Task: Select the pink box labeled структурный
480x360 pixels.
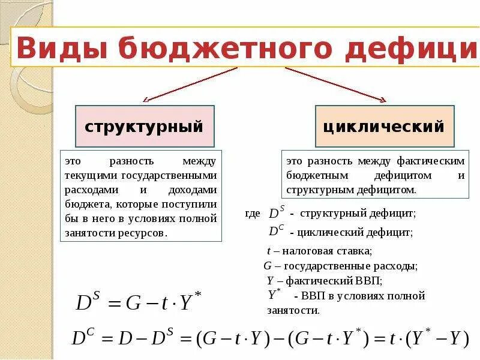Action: (x=144, y=127)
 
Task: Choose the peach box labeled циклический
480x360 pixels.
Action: (x=384, y=127)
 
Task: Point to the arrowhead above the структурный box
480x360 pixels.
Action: (x=146, y=99)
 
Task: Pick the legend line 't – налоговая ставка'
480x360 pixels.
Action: (x=319, y=251)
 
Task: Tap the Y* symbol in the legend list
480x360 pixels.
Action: (x=274, y=294)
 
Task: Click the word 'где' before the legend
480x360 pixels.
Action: (x=253, y=214)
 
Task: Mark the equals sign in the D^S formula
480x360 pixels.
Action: (x=113, y=303)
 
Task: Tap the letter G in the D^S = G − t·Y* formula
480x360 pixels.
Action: (x=133, y=303)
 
